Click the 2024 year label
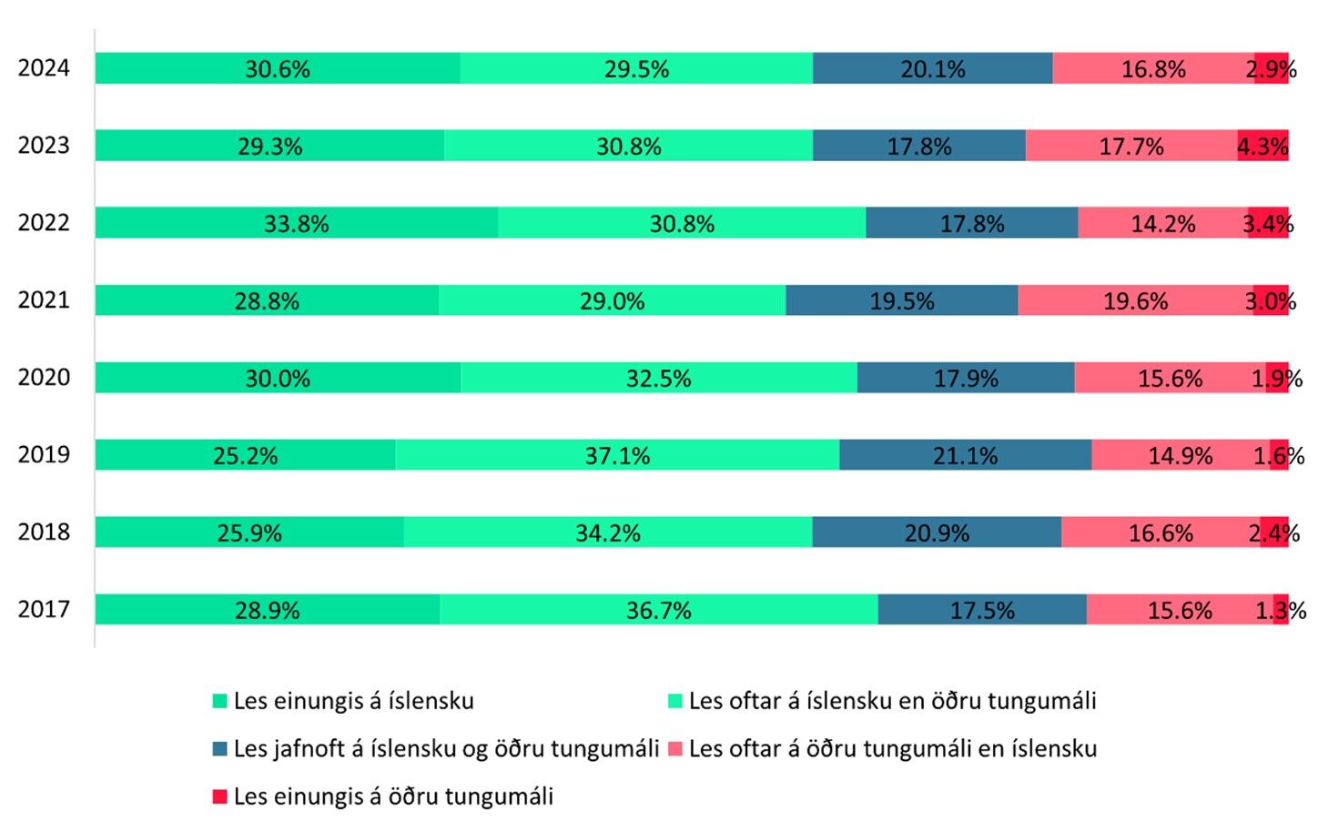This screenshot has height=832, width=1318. (43, 68)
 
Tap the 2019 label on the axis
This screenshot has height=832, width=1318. (43, 454)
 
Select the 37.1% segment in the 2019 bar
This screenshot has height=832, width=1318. (617, 455)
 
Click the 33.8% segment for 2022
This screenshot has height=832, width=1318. (297, 223)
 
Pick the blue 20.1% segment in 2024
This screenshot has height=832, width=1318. (932, 68)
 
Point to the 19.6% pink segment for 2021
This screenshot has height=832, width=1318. (1135, 300)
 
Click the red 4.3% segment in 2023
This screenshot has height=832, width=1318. (1263, 146)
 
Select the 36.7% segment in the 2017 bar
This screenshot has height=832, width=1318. (658, 610)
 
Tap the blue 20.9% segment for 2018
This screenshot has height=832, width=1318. (937, 533)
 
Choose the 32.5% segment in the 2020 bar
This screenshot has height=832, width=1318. (658, 378)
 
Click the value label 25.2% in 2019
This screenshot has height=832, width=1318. (245, 455)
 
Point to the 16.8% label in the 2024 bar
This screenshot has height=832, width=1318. (1153, 69)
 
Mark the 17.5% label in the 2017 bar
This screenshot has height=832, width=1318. (982, 610)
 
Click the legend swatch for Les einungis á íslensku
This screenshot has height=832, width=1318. (219, 701)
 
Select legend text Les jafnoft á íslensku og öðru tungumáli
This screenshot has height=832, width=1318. (446, 748)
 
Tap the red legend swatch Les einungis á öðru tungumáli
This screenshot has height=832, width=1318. (219, 796)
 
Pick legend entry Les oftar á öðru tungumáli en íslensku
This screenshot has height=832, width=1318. (892, 748)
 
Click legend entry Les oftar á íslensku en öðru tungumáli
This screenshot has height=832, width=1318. (892, 701)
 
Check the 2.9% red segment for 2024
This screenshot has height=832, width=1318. (1272, 68)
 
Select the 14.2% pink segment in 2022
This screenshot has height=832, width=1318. (1162, 223)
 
